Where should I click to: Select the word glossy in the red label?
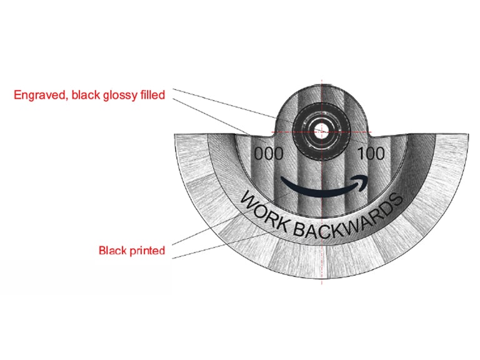(120, 95)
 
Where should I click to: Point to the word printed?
(147, 251)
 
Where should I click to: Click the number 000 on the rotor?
(269, 154)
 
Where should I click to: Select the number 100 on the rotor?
(371, 153)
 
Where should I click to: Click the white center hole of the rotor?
(321, 132)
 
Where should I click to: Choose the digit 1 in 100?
(361, 153)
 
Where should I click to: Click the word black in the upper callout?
(86, 94)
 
